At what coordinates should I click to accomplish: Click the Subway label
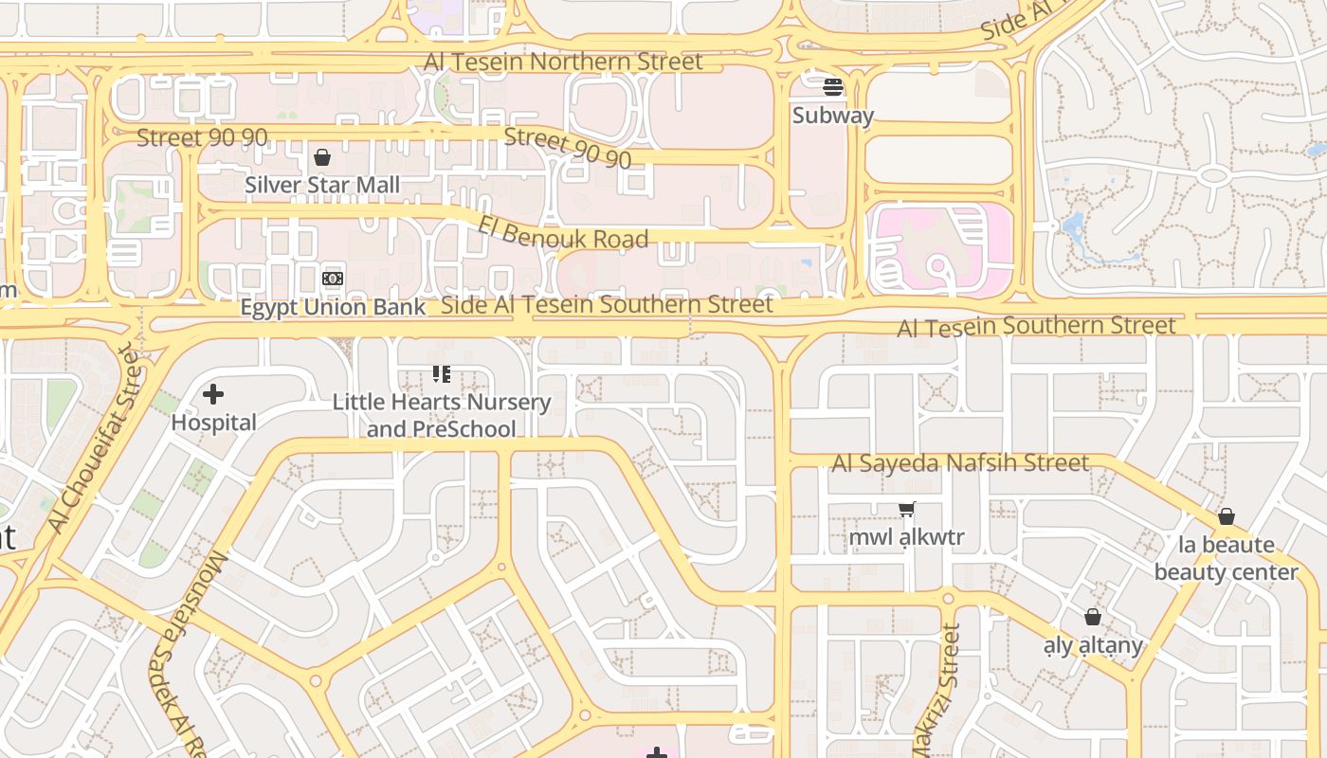pos(832,116)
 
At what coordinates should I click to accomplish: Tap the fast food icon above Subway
pos(833,87)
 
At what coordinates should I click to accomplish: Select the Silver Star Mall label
pos(322,185)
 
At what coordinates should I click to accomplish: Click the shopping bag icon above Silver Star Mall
pos(322,157)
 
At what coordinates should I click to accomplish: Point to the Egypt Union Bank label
pos(333,307)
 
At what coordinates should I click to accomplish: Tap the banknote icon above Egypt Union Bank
pos(332,279)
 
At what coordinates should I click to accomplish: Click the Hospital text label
pos(213,423)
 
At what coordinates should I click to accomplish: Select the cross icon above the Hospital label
pos(213,394)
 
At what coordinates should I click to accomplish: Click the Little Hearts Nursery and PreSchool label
pos(441,415)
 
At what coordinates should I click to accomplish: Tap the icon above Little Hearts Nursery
pos(441,374)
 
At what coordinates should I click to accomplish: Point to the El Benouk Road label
pos(563,232)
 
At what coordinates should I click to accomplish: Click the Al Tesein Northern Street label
pos(563,62)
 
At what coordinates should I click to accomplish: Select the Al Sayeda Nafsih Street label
pos(960,463)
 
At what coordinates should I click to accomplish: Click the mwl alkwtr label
pos(906,537)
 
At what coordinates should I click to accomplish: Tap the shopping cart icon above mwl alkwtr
pos(907,510)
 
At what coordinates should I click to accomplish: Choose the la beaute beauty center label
pos(1226,558)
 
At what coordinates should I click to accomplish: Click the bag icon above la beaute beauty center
pos(1226,516)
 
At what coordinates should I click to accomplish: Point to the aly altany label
pos(1093,646)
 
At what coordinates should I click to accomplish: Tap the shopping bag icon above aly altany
pos(1093,618)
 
